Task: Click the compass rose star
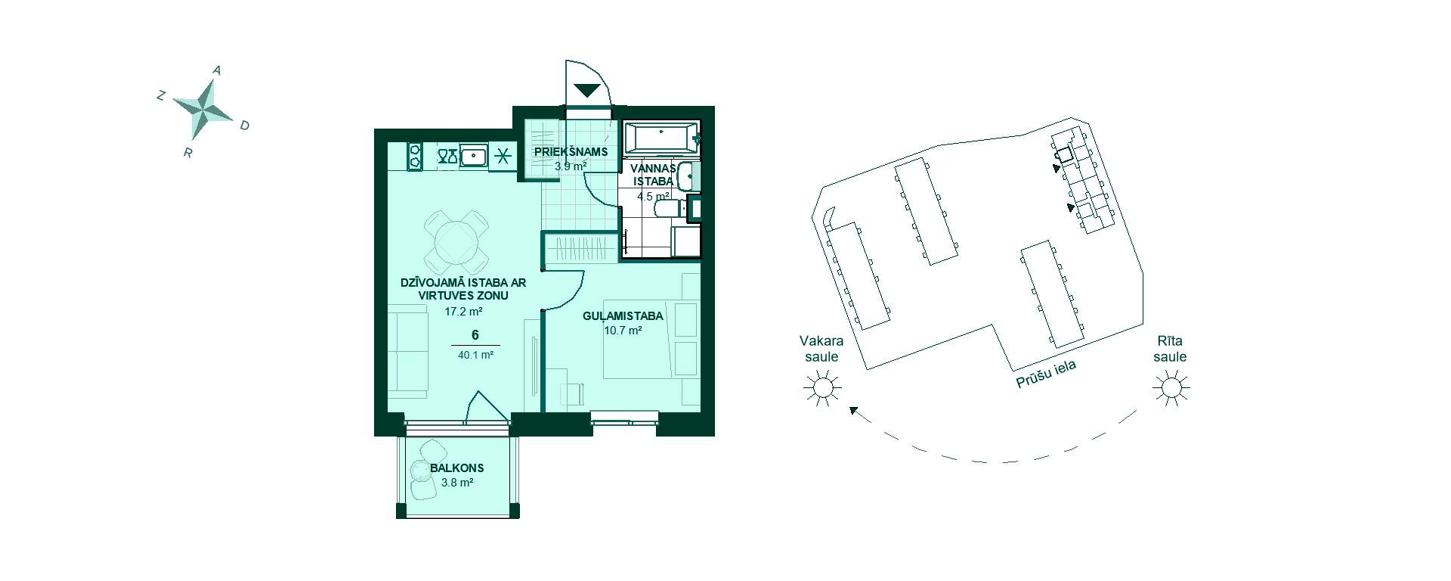click(x=203, y=109)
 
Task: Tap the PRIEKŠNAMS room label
click(x=571, y=151)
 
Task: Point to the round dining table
click(x=456, y=243)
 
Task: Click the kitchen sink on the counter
click(x=473, y=157)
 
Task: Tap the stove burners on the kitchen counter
click(x=415, y=157)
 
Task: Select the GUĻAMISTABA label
click(x=623, y=316)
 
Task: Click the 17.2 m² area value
click(x=463, y=311)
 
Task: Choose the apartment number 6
click(x=475, y=335)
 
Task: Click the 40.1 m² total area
click(x=475, y=354)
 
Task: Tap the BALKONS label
click(x=456, y=468)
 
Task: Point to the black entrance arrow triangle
click(x=587, y=90)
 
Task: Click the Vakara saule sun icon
click(x=821, y=389)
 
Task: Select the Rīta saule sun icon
click(x=1170, y=389)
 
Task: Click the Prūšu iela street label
click(x=1046, y=374)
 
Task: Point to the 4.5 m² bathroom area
click(x=653, y=196)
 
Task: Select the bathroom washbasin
click(x=688, y=177)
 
